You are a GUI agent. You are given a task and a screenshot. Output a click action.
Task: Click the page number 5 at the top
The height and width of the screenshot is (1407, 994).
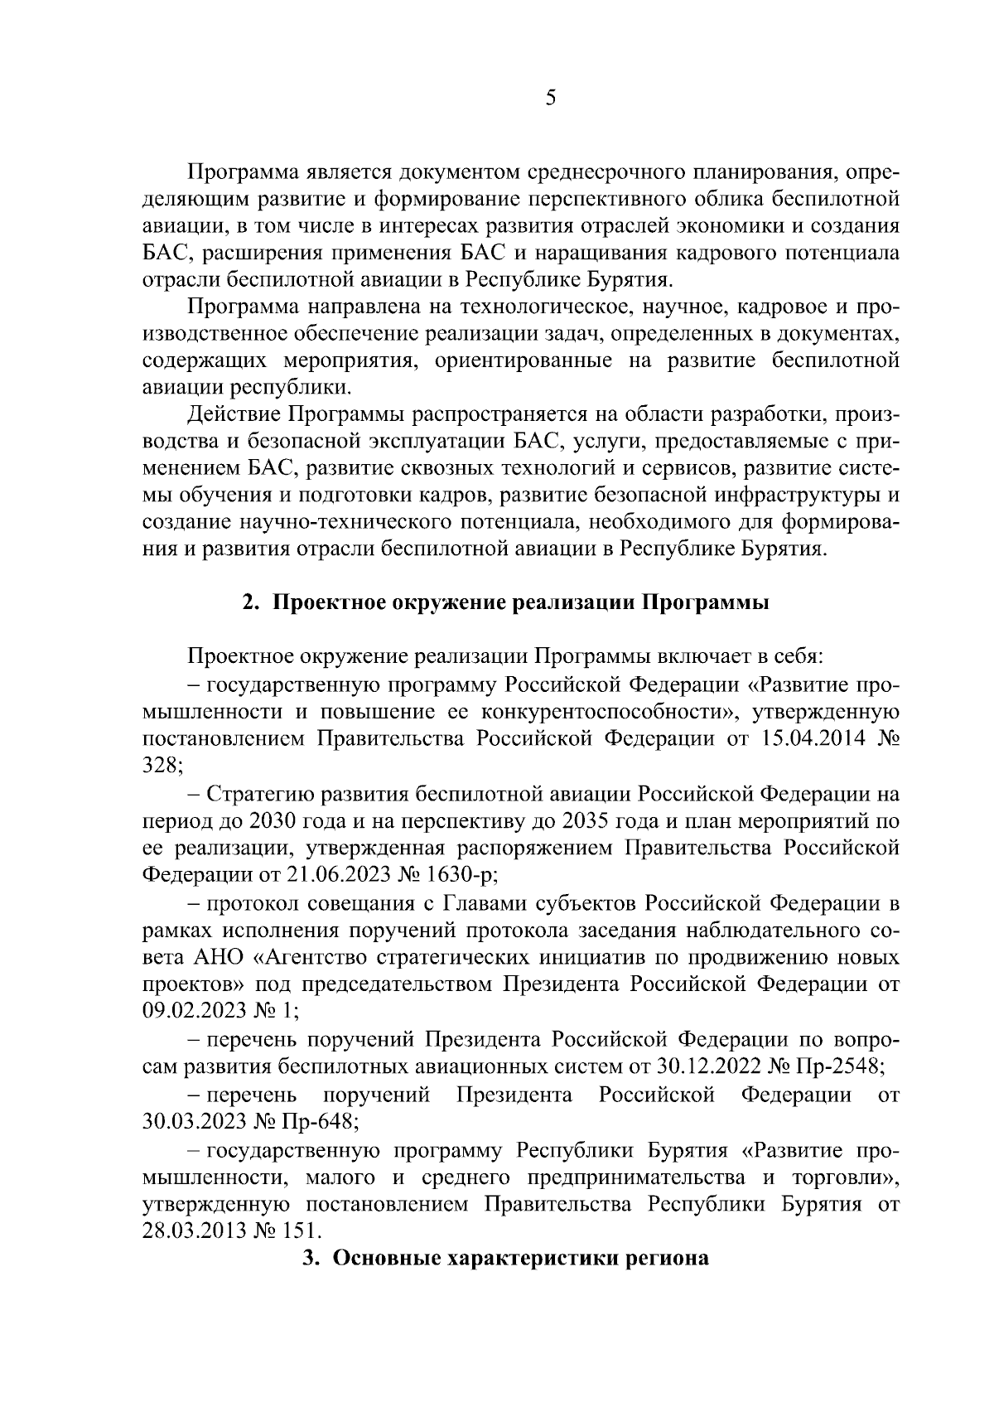(551, 99)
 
